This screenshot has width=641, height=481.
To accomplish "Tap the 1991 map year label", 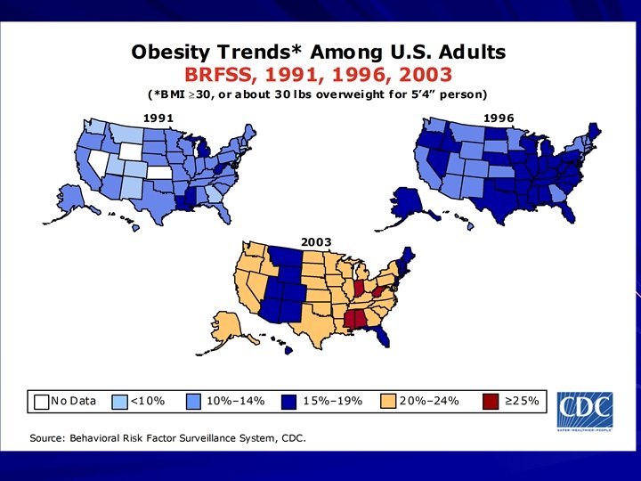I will [x=158, y=118].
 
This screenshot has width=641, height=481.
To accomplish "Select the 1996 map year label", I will [x=498, y=118].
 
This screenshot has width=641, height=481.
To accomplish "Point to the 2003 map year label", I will [x=316, y=241].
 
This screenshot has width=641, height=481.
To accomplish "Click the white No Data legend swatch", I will [x=42, y=402].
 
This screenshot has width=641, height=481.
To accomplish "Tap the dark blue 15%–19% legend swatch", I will [x=290, y=402].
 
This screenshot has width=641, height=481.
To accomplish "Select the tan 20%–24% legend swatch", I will [x=388, y=402].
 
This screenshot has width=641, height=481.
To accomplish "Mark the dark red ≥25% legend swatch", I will [x=491, y=402].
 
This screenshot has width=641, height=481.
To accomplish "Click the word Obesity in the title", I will [x=172, y=52].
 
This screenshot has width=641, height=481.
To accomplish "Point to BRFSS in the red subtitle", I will [x=217, y=74].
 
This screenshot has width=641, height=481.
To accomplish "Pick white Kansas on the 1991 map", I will [x=161, y=173].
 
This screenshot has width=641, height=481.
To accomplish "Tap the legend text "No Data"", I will [x=74, y=402].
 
